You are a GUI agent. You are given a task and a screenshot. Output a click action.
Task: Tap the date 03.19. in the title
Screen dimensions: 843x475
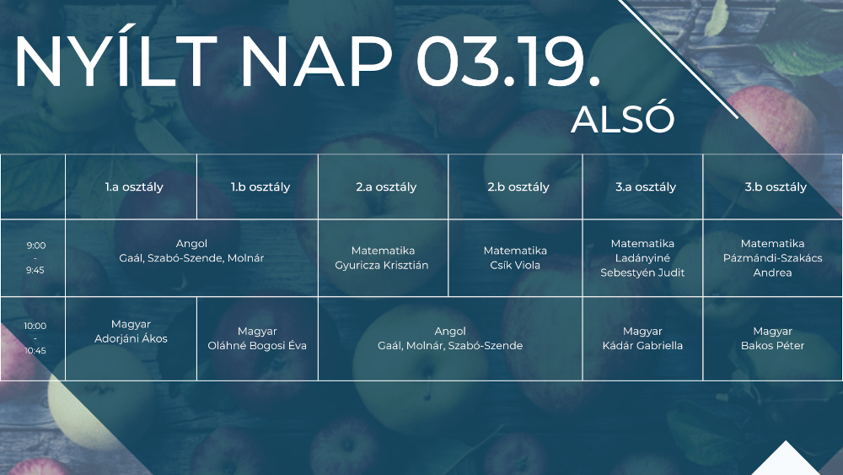[507, 62]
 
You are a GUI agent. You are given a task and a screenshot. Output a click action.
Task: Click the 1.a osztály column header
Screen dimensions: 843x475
[134, 187]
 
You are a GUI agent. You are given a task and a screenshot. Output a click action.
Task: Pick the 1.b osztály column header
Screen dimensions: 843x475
[260, 187]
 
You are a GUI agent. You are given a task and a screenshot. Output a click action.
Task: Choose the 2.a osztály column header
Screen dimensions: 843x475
[386, 187]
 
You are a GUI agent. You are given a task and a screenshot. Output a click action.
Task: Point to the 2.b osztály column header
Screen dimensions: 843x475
[518, 187]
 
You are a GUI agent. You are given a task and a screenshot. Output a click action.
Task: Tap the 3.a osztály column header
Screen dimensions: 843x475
[646, 187]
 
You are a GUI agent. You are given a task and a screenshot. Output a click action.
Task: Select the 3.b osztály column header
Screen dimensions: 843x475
[776, 187]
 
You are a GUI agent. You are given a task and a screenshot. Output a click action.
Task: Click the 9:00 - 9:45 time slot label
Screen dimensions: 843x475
[35, 257]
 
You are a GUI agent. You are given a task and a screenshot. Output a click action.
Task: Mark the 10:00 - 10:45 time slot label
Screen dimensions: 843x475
[35, 337]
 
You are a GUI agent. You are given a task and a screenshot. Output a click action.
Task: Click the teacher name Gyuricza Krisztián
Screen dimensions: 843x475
[382, 265]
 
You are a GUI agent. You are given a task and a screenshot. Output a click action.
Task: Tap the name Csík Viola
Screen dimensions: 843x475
[515, 265]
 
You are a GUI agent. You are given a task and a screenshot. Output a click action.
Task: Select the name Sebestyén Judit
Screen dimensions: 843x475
[642, 273]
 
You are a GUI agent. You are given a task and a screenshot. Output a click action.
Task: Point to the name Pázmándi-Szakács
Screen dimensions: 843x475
[772, 258]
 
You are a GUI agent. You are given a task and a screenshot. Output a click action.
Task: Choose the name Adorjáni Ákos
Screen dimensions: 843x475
[132, 339]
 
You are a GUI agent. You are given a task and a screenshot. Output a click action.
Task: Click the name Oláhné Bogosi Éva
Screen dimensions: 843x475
[257, 345]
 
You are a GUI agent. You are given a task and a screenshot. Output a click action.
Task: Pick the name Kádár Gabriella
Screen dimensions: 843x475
[642, 346]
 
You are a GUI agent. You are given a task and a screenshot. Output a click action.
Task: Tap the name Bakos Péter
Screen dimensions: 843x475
[772, 346]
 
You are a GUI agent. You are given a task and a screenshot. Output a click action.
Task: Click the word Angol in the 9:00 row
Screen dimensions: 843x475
[191, 244]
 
